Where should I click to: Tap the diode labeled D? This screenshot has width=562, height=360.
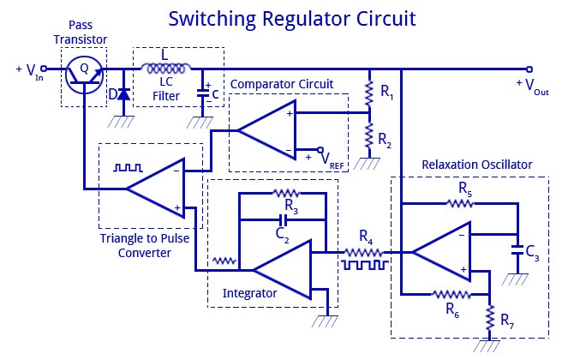pos(123,93)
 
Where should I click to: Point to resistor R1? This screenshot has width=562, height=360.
pos(368,91)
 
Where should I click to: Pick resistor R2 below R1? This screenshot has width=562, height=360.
pos(368,133)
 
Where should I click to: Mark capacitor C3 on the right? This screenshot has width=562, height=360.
pos(516,250)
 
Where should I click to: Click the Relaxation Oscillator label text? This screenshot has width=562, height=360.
pos(476,164)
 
